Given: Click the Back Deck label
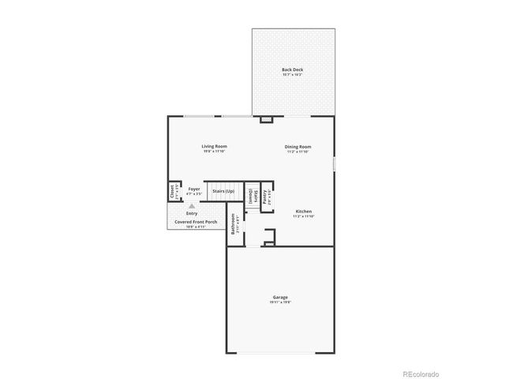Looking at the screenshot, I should pos(293,70).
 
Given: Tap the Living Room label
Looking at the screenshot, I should pos(214,146).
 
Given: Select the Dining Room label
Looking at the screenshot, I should pos(298,146).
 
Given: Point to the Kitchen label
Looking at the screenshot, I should pos(304,212).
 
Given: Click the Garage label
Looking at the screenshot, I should pos(281,297).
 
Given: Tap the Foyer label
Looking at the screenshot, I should pos(193,189).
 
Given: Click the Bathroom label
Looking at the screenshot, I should pos(234,223).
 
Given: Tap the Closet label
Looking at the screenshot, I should pos(171,192).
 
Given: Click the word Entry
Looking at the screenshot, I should pos(192,213).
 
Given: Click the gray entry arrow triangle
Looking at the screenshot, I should pos(191,205).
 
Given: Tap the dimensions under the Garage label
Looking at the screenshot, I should pos(281,302).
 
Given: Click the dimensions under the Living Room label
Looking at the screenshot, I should pos(214,151).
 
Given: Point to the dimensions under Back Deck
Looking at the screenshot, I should pos(293,75).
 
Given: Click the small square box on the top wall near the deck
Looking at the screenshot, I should pos(266,120).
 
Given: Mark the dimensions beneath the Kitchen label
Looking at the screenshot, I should pos(304,216).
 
